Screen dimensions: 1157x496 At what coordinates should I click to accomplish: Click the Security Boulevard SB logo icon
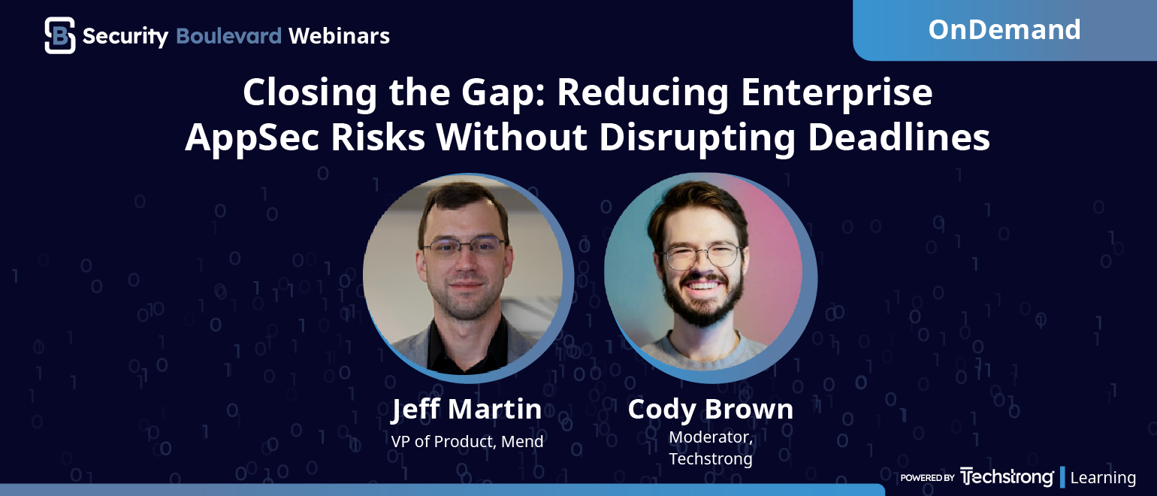coord(60,35)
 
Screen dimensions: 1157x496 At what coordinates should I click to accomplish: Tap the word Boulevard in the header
coord(229,36)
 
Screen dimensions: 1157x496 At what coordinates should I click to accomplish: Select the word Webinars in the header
coord(339,36)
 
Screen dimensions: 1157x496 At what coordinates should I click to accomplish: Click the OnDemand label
coord(1004,29)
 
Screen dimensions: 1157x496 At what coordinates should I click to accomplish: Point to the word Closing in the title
coord(310,93)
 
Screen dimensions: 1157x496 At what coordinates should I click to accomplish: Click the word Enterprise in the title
coord(837,93)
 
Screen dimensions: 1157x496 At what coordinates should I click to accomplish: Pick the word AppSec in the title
coord(252,138)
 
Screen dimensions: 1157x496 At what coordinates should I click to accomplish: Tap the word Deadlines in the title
coord(899,138)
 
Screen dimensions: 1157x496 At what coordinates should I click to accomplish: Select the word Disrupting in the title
coord(697,138)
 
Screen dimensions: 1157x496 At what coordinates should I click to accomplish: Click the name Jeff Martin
coord(467,410)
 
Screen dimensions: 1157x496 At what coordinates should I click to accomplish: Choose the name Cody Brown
coord(710,410)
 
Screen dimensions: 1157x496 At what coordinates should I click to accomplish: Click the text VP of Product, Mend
coord(467,442)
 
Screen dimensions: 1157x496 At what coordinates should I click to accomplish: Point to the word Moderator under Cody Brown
coord(711,437)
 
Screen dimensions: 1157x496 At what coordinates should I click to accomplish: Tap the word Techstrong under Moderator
coord(711,459)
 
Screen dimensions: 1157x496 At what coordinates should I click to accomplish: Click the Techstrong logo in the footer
coord(1007,477)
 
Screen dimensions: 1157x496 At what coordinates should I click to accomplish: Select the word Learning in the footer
coord(1103,478)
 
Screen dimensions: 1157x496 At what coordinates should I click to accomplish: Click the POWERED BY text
coord(927,478)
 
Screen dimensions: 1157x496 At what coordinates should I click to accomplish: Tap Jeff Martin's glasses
coord(464,246)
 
